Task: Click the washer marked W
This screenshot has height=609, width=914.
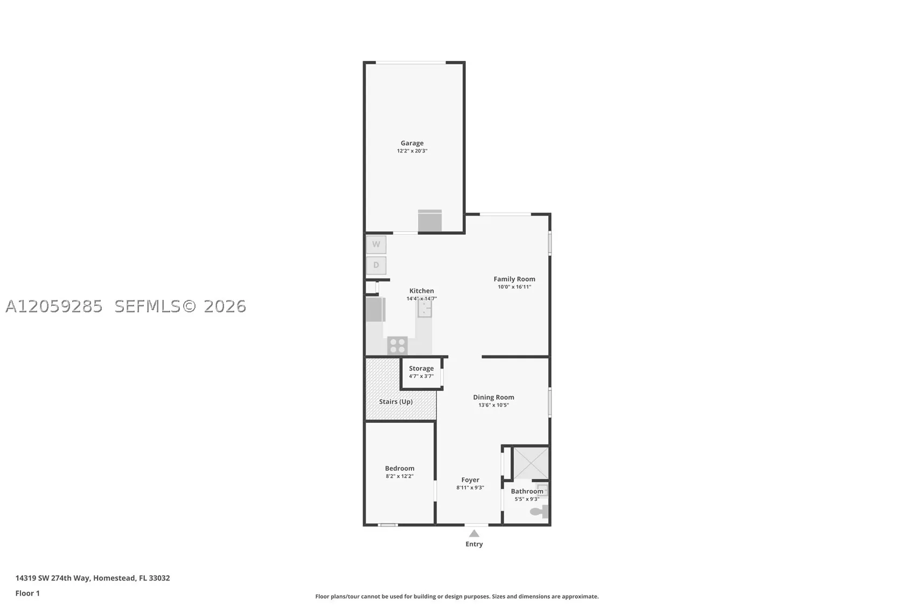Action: point(376,244)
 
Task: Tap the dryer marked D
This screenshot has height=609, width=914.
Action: point(376,265)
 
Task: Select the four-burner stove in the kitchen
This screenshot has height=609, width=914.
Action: point(397,346)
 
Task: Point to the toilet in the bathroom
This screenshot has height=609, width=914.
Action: point(540,511)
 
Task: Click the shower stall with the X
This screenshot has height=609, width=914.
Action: point(531,463)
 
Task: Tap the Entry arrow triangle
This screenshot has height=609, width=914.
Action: point(474,534)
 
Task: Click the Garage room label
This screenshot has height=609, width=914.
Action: point(412,143)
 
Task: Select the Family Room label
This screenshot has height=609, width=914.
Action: point(514,279)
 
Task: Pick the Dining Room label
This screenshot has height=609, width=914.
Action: point(494,397)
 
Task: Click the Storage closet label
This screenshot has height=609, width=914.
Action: point(422,368)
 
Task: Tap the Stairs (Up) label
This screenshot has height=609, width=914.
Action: point(396,402)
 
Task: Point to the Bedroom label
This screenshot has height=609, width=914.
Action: point(400,468)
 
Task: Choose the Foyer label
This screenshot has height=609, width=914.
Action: point(471,480)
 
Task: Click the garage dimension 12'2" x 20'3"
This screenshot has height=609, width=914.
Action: point(412,151)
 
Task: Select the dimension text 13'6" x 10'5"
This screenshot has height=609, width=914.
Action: point(494,405)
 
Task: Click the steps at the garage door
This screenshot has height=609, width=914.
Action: point(430,221)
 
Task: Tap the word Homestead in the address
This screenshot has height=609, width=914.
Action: point(114,578)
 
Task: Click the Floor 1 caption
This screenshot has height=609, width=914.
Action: point(27,593)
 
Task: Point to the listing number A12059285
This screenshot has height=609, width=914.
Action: point(54,307)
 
